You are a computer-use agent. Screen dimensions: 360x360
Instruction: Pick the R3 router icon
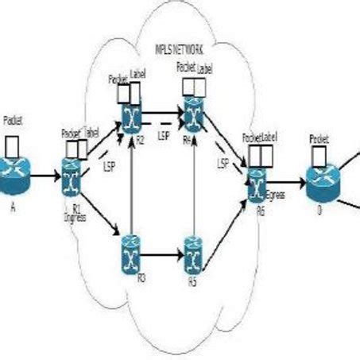point(130,256)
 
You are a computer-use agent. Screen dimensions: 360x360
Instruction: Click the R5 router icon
point(192,256)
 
